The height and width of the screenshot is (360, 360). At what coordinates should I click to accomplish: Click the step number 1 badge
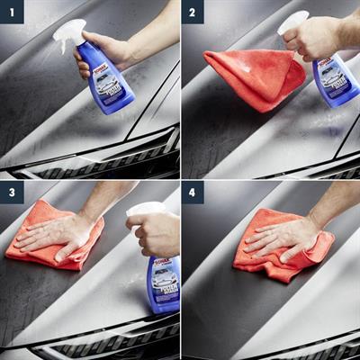point(12,12)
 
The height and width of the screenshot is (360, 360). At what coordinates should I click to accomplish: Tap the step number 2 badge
point(193,12)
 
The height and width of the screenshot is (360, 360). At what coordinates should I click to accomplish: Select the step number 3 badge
point(12,193)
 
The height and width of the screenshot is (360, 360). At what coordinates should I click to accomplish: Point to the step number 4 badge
point(193,193)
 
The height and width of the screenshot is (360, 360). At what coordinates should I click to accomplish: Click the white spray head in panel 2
point(293,20)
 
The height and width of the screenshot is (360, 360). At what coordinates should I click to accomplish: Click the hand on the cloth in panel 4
point(279,236)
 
